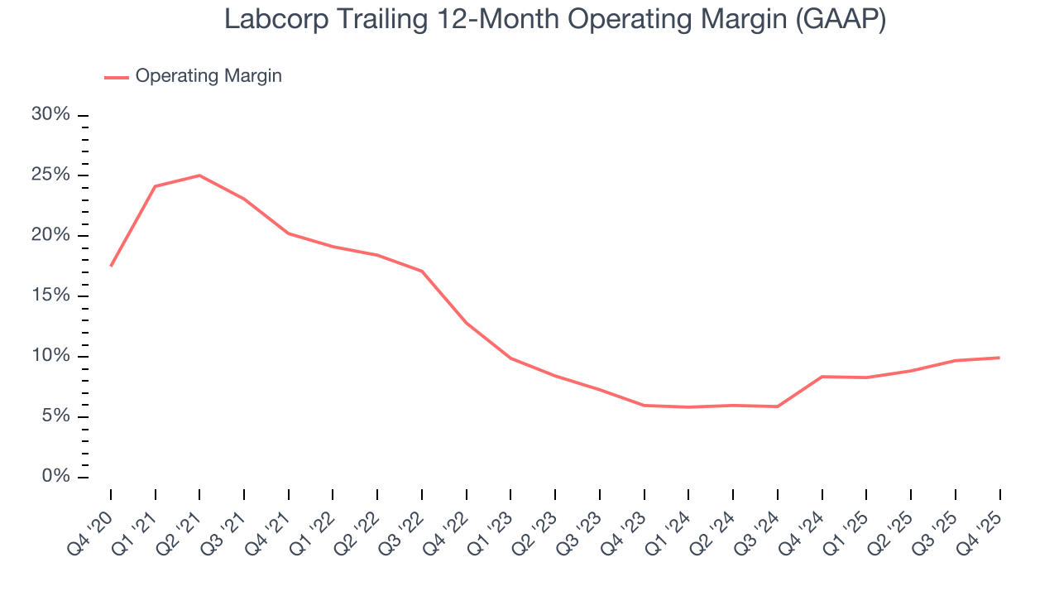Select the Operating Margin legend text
[208, 76]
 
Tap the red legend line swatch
[116, 77]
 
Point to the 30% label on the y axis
[50, 115]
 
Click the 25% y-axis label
[50, 175]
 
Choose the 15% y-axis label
[50, 296]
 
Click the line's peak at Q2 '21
[199, 175]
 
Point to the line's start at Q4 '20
[111, 266]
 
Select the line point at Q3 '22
[422, 272]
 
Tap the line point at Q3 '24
[778, 406]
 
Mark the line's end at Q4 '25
[999, 358]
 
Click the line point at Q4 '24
[822, 377]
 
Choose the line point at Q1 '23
[510, 358]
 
